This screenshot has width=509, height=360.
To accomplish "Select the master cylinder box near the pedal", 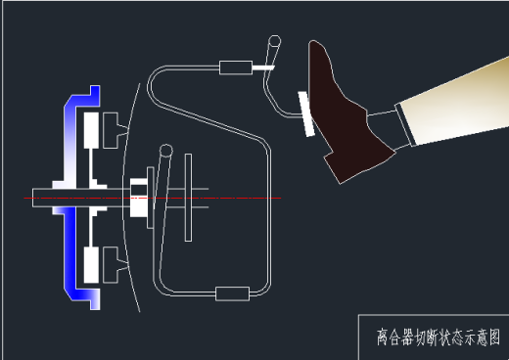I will pos(235,67).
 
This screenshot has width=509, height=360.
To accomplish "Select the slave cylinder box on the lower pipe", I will pos(232,292).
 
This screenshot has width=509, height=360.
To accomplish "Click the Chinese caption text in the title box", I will pos(437,337).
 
